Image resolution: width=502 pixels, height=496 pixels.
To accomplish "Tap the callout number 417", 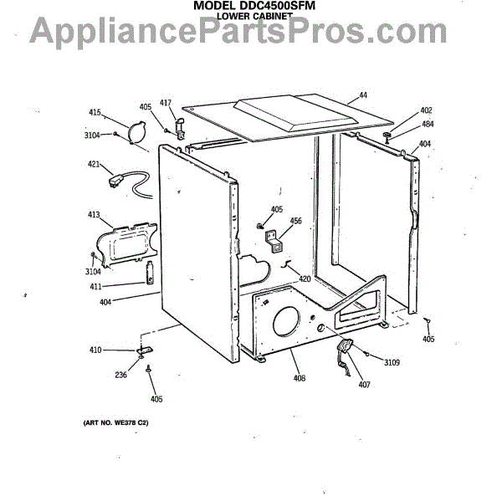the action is tap(165, 103).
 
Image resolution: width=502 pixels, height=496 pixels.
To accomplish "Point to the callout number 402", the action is tap(426, 111).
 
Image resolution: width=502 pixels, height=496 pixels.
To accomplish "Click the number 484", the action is tap(427, 125).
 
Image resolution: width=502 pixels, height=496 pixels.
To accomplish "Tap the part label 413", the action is tap(94, 216).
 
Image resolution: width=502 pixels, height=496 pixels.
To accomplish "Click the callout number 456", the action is tap(295, 222).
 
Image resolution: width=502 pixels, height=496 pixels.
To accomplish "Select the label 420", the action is tap(305, 279).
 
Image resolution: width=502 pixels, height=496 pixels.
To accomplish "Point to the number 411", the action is tap(95, 286).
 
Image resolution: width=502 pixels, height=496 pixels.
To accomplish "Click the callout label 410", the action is tap(95, 350).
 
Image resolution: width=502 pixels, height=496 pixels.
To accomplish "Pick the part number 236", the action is tap(121, 375).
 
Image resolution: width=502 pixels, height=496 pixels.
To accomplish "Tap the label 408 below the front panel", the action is tap(300, 379).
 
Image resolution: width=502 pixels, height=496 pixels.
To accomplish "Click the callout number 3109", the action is tap(392, 362).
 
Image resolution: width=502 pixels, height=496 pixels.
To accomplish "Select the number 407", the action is tap(363, 384).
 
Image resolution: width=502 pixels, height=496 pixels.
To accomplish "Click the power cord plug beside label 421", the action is tap(112, 178).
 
